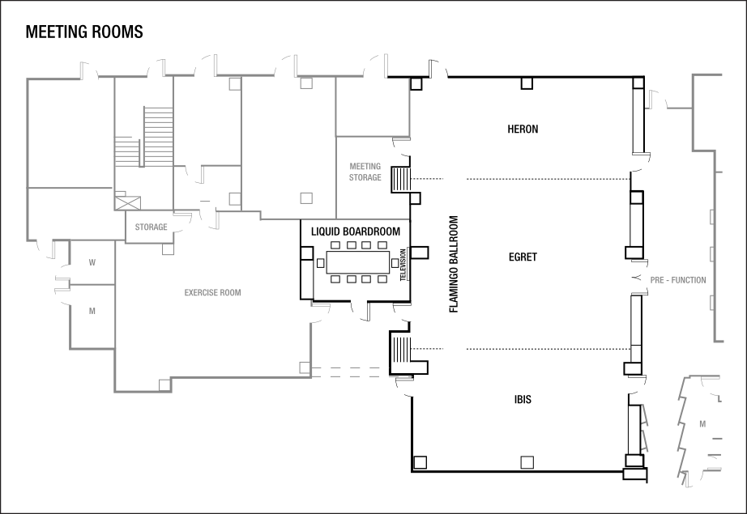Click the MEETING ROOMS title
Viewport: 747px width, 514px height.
click(84, 32)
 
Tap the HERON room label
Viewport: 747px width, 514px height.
click(523, 129)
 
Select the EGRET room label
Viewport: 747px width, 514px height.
click(523, 257)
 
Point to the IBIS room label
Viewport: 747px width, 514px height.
click(523, 400)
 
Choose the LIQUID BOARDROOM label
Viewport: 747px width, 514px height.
click(356, 232)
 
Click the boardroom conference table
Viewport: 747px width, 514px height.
click(357, 262)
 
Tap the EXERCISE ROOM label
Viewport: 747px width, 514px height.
click(212, 293)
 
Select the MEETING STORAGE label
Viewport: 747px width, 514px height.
click(365, 172)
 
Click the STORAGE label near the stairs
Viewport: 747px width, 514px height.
click(151, 227)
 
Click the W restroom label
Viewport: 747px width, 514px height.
click(92, 262)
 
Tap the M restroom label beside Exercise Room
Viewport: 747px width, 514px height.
click(92, 311)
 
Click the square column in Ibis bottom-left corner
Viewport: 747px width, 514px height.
click(420, 462)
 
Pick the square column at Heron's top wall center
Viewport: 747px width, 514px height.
click(527, 83)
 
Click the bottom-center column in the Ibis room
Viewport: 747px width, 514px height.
click(527, 462)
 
